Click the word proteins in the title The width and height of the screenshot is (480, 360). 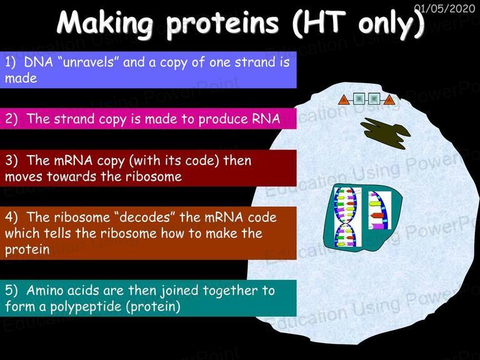click(x=222, y=24)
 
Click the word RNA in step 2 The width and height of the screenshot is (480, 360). click(x=266, y=119)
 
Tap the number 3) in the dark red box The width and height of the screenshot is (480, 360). click(x=11, y=161)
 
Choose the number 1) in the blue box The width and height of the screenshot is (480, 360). click(x=10, y=62)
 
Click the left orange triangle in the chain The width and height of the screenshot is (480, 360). click(x=344, y=99)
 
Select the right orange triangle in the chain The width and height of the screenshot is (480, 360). click(x=389, y=99)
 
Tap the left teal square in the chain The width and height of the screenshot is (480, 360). click(x=359, y=99)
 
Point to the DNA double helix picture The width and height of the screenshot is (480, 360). click(x=347, y=217)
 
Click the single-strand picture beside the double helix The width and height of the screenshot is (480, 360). click(x=379, y=210)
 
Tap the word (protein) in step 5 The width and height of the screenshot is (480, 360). click(x=153, y=307)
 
